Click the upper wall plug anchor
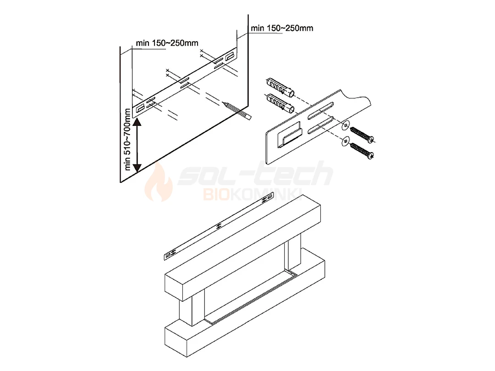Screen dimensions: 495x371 280,87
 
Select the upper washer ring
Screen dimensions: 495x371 346,125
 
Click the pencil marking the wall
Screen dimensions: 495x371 237,110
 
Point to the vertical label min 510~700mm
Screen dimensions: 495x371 127,139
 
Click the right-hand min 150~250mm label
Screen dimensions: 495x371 282,28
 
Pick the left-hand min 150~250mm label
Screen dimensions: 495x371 167,43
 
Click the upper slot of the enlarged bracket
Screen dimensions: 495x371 321,111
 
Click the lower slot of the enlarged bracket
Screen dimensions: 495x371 321,125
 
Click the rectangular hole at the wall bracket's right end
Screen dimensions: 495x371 230,58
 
